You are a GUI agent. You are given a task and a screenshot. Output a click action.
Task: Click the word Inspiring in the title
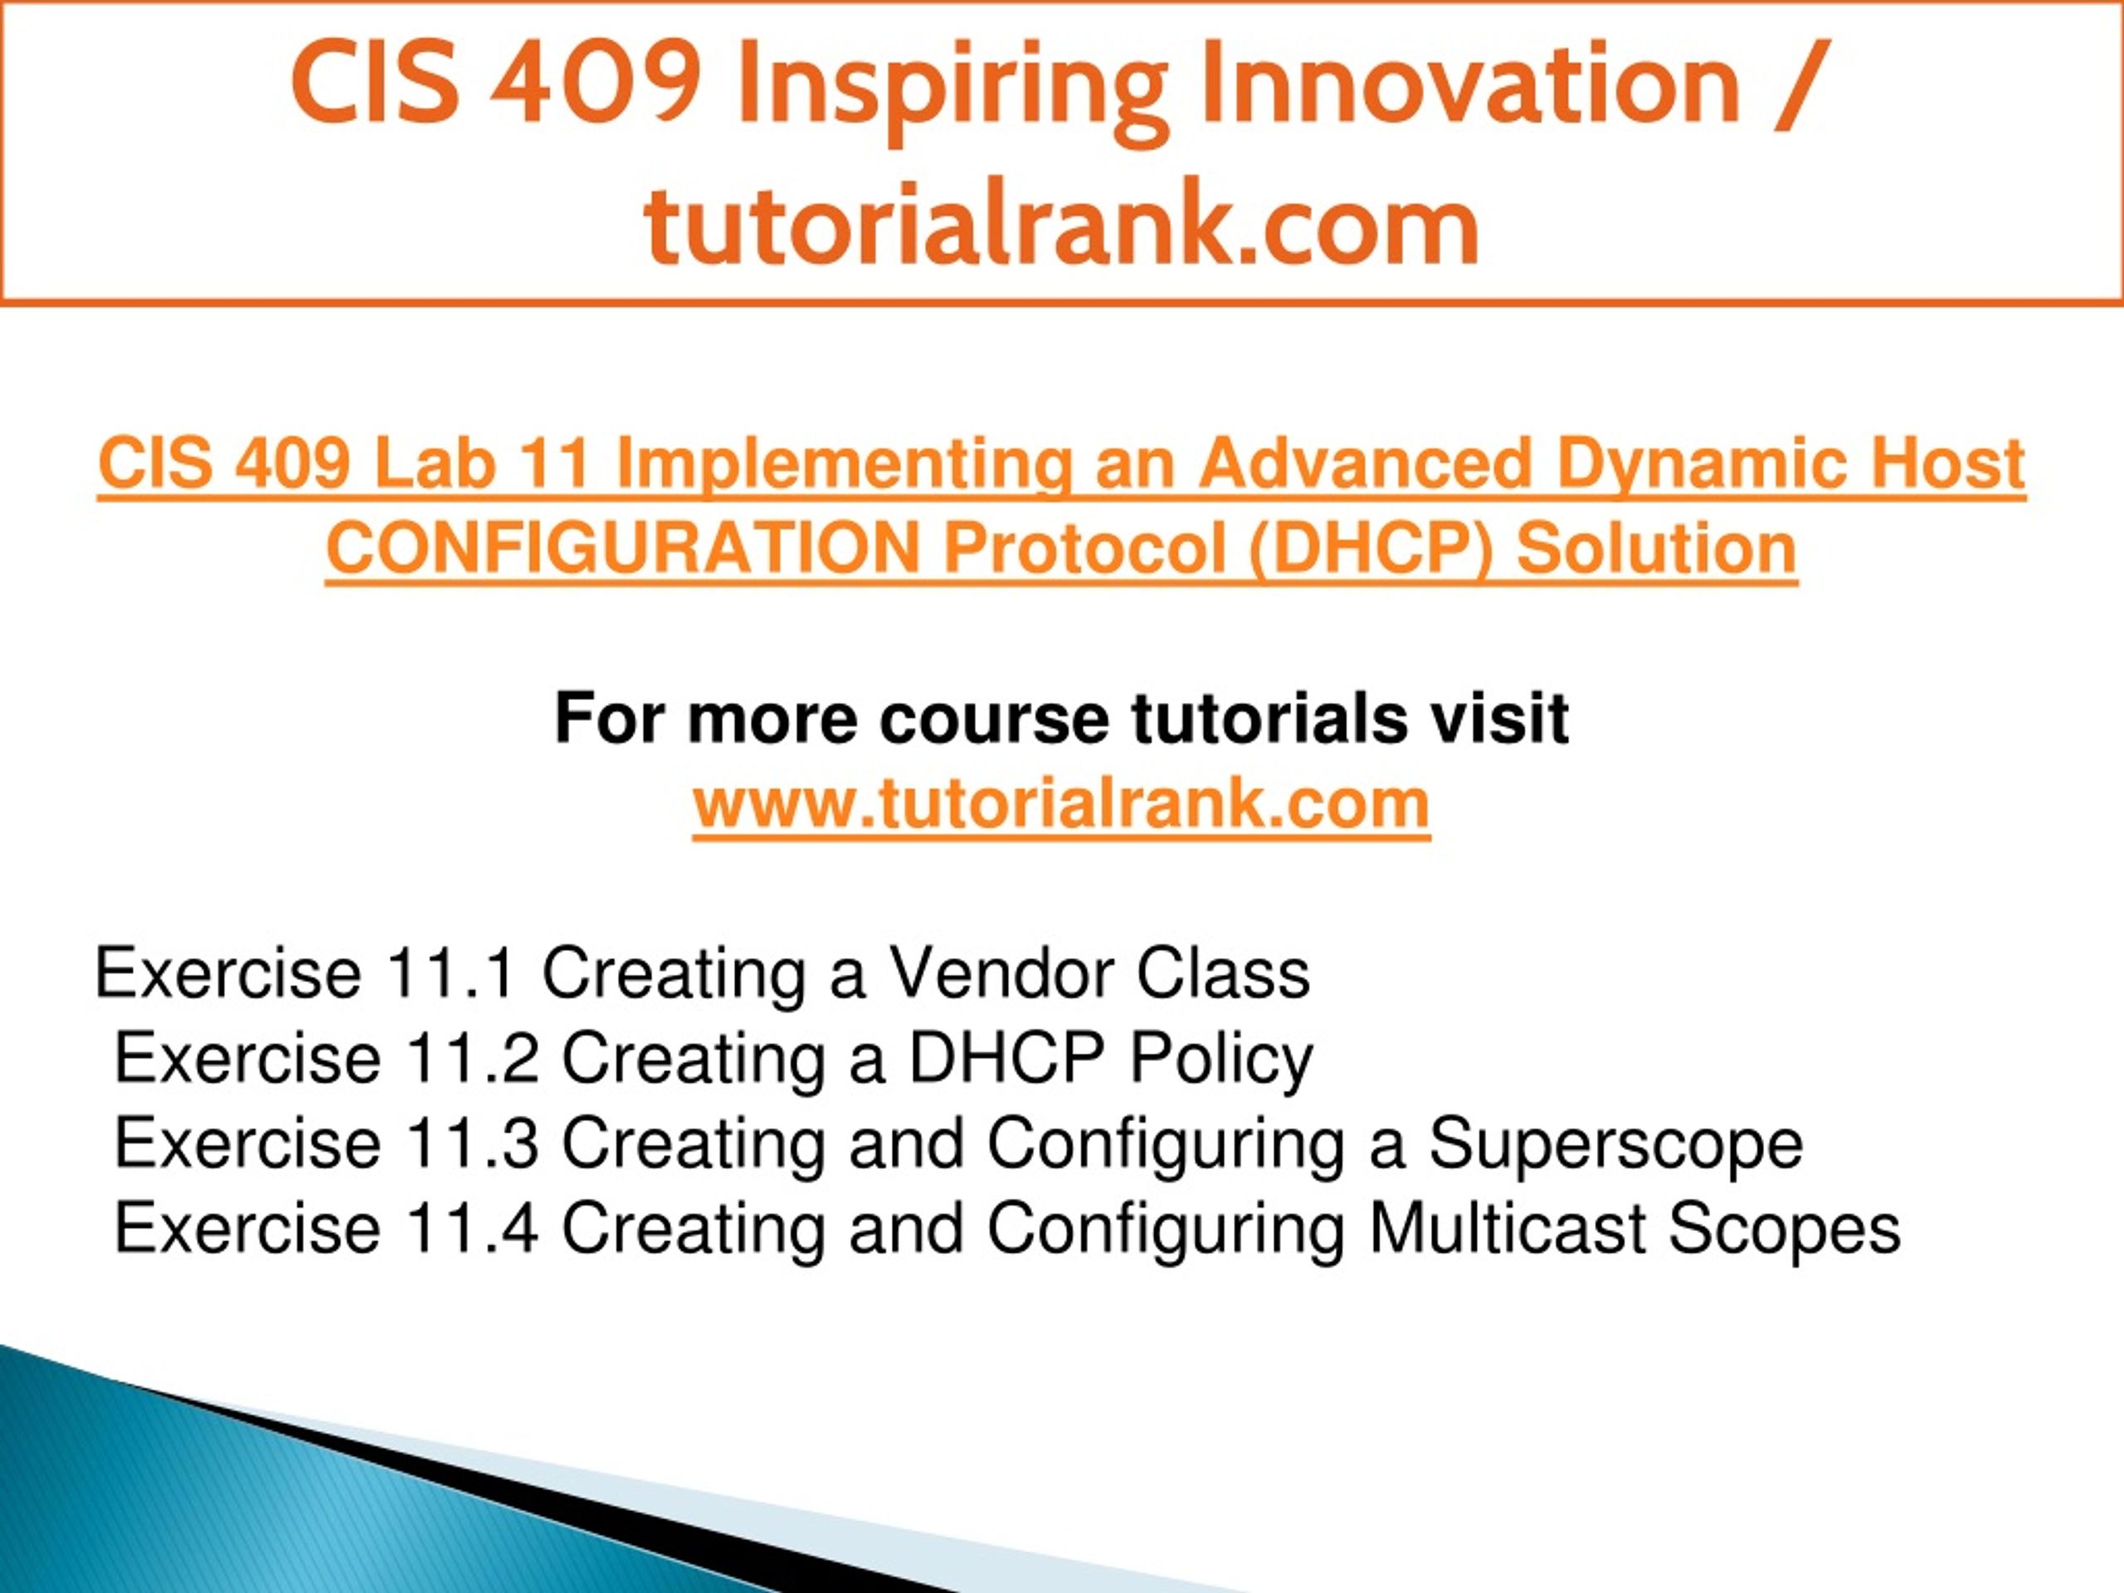(952, 88)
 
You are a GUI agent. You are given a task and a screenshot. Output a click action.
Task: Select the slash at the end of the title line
(1798, 86)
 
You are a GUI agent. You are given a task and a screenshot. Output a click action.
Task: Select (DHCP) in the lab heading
(1372, 550)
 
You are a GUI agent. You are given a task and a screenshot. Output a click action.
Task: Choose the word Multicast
(1507, 1227)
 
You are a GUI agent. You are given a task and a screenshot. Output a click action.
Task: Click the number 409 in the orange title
(596, 84)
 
